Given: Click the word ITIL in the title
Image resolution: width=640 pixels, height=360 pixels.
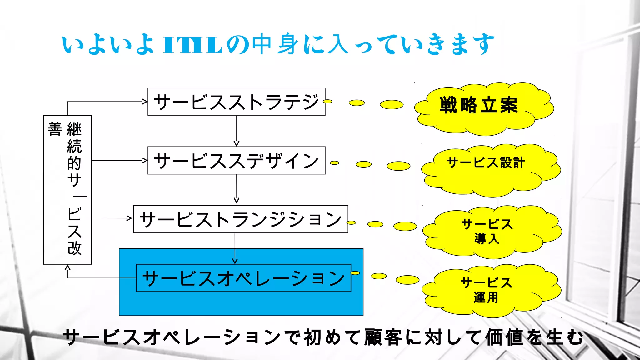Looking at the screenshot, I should [x=192, y=45].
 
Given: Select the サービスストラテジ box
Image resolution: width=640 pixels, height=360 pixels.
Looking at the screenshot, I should [x=236, y=102].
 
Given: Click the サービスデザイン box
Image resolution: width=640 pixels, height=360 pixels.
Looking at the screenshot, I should [x=236, y=160].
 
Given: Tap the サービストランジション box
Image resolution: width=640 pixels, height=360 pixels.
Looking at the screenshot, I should [x=240, y=219].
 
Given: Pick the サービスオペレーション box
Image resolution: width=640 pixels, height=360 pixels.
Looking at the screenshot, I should [x=243, y=278].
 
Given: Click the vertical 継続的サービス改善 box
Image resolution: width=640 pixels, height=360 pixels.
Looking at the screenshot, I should [x=67, y=190].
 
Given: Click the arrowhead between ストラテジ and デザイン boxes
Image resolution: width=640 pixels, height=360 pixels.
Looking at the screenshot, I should [x=237, y=143].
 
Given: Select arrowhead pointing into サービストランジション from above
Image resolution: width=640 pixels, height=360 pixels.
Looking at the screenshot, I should [x=237, y=200].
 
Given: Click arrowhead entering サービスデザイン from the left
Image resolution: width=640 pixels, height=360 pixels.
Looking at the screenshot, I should [x=145, y=160].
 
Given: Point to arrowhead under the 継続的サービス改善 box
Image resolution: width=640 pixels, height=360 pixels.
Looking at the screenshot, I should [x=67, y=267].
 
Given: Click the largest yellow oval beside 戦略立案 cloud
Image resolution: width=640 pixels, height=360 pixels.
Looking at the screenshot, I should [x=392, y=104].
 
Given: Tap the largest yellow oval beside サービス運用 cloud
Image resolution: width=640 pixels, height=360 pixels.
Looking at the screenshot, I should [x=407, y=280].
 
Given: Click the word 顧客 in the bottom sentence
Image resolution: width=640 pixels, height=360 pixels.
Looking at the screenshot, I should [x=383, y=337].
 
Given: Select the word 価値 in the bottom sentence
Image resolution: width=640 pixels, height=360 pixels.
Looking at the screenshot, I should [x=504, y=337].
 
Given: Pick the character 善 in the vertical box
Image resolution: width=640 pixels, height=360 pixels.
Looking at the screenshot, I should [x=55, y=129].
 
